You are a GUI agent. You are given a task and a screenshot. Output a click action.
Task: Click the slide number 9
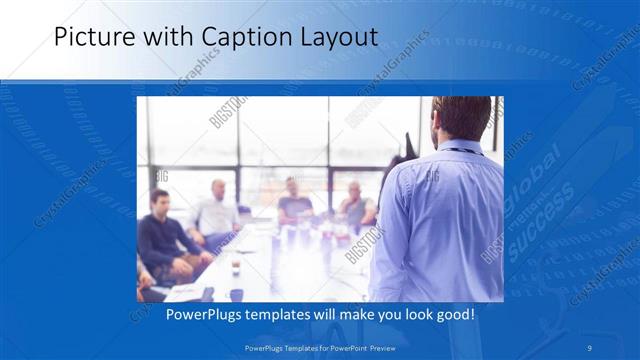pyautogui.click(x=590, y=347)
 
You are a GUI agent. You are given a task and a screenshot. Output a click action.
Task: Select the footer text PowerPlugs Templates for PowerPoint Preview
pyautogui.click(x=319, y=347)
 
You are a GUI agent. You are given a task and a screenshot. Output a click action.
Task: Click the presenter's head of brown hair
pyautogui.click(x=463, y=118)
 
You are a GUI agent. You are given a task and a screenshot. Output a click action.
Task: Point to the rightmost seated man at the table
pyautogui.click(x=354, y=206)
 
